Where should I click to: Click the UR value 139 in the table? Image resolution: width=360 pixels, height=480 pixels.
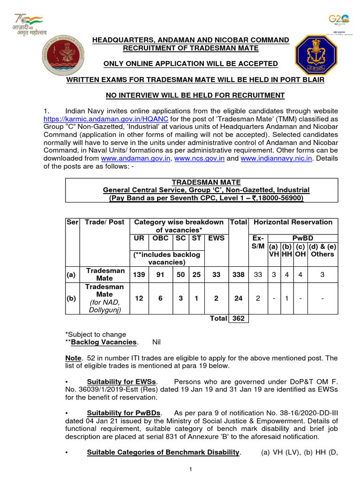139,275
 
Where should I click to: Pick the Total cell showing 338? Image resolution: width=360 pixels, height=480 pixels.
238,275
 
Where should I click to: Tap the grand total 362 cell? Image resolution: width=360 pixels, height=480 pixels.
238,318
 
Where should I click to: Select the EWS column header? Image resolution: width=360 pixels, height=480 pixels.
216,238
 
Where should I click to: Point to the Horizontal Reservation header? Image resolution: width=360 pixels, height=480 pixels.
293,222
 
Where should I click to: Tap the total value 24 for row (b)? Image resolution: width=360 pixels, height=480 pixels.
238,298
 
